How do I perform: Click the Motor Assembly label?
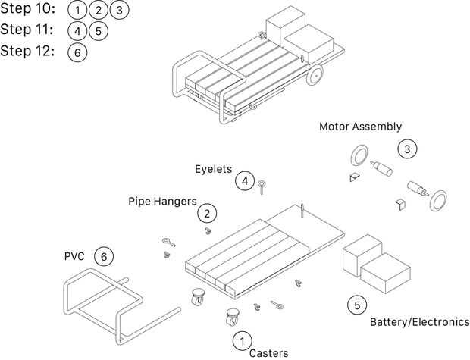click(x=360, y=127)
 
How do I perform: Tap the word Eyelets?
click(x=214, y=169)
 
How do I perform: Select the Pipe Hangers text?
click(x=162, y=201)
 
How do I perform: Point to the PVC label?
click(x=74, y=256)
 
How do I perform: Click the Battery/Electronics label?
click(x=420, y=322)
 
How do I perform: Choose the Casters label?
click(x=268, y=353)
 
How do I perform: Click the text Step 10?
click(x=27, y=9)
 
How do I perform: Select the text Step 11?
click(x=27, y=30)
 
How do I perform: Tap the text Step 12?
click(x=27, y=51)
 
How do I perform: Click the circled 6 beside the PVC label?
click(x=104, y=257)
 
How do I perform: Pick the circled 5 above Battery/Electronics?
click(x=357, y=305)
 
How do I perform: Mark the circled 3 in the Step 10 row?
click(x=119, y=10)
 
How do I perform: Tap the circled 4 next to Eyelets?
click(x=245, y=181)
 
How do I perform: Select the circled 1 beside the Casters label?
click(x=242, y=341)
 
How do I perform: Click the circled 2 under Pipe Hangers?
click(x=207, y=214)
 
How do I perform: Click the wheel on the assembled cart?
click(x=315, y=75)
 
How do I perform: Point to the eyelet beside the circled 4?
click(x=262, y=187)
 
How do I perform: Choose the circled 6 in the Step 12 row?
click(x=77, y=52)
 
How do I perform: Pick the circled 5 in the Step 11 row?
click(x=99, y=31)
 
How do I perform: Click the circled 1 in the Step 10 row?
click(x=77, y=10)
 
